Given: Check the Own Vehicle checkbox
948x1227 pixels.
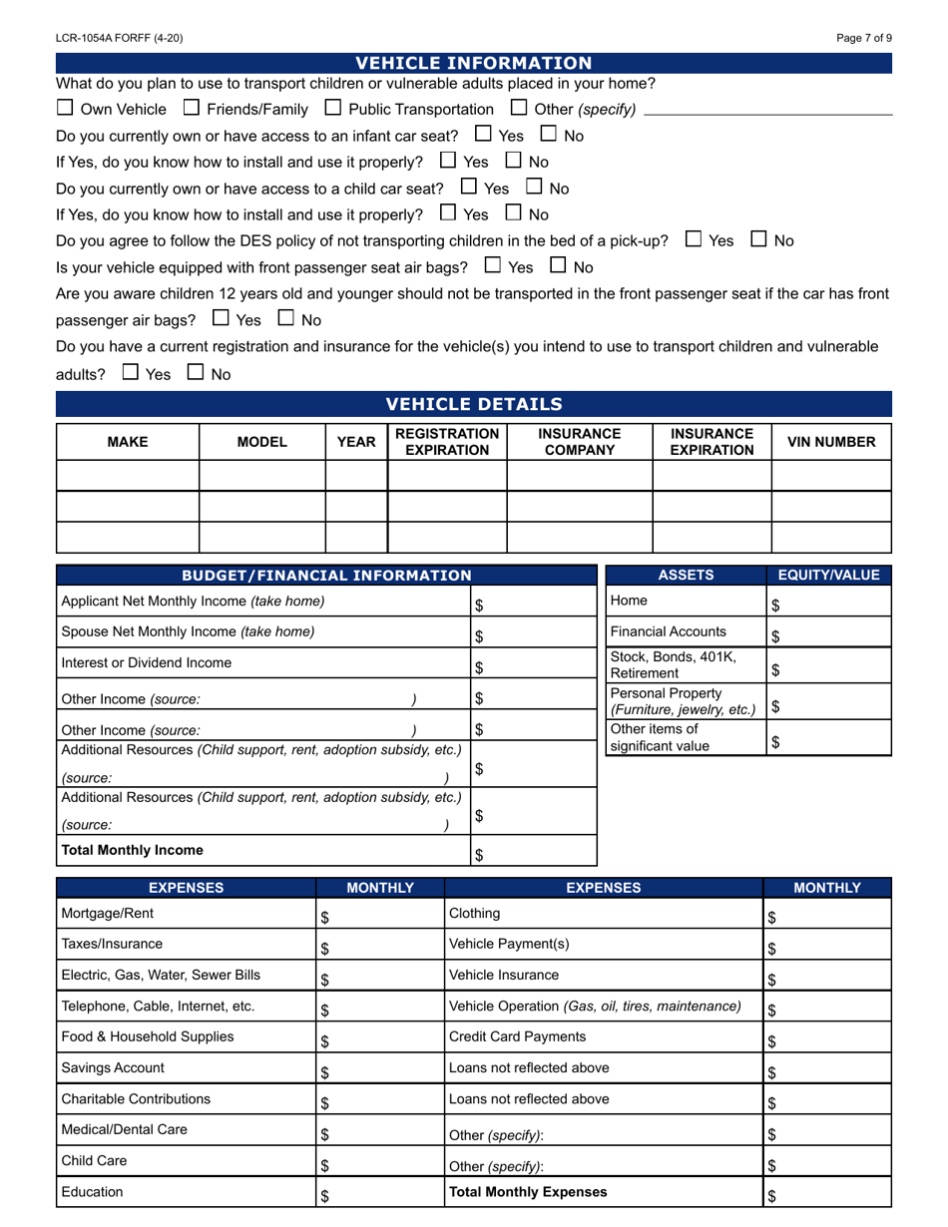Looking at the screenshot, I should point(65,108).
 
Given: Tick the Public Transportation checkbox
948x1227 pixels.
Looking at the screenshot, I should point(333,108).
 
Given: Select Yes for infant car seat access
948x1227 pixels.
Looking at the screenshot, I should point(484,134).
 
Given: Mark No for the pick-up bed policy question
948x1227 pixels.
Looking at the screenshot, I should point(759,239).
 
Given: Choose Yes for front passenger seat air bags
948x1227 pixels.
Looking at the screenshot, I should point(493,266).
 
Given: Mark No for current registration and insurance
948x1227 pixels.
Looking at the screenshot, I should point(196,373).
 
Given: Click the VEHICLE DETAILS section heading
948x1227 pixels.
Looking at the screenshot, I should point(474,404).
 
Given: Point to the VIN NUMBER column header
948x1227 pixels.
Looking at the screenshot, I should point(831,442).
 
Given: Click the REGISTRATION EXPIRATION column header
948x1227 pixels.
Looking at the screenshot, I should point(447,442).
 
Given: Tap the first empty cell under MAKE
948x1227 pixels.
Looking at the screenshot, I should point(128,476).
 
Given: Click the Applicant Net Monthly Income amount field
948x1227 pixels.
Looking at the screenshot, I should point(534,603).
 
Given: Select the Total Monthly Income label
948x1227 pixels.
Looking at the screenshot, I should point(133,850).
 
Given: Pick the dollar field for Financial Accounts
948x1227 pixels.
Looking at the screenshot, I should point(828,633).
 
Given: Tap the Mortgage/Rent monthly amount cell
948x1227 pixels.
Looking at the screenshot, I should point(379,914).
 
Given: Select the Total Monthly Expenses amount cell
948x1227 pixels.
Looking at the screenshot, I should point(827,1193).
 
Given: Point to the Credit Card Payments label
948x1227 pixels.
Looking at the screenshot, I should point(517,1036).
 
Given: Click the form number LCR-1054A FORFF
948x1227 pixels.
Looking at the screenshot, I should point(120,38).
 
